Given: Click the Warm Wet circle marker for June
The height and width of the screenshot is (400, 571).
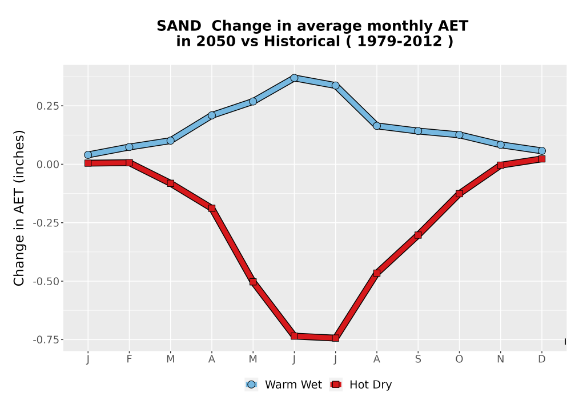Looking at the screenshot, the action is pyautogui.click(x=294, y=78).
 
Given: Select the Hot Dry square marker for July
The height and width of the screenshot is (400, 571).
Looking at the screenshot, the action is pyautogui.click(x=335, y=338).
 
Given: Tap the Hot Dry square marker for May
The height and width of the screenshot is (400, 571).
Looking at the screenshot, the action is pyautogui.click(x=253, y=282).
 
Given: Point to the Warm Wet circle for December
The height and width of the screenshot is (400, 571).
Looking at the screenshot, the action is pyautogui.click(x=542, y=151).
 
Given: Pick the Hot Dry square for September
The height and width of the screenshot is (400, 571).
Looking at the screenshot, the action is pyautogui.click(x=418, y=235).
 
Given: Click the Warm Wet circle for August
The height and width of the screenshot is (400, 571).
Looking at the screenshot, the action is pyautogui.click(x=377, y=126).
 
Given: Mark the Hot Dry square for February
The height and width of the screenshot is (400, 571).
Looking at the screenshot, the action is pyautogui.click(x=129, y=162).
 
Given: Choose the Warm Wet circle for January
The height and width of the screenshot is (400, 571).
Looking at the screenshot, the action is pyautogui.click(x=88, y=155).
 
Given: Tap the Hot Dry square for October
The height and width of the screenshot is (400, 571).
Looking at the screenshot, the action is pyautogui.click(x=459, y=194).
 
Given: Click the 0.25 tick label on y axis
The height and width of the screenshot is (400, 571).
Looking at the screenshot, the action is pyautogui.click(x=48, y=106).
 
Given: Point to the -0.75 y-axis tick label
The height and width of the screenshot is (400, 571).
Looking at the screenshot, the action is pyautogui.click(x=46, y=340).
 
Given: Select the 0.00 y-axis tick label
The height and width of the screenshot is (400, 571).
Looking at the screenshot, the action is pyautogui.click(x=48, y=165).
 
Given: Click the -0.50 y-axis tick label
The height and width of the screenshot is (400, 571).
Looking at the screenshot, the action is pyautogui.click(x=46, y=281).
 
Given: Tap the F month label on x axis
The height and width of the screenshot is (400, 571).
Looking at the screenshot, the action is pyautogui.click(x=129, y=359).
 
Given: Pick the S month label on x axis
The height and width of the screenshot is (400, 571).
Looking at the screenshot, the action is pyautogui.click(x=418, y=359).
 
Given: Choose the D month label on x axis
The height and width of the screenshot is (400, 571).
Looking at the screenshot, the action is pyautogui.click(x=542, y=359).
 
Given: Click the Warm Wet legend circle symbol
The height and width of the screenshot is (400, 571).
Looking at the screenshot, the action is pyautogui.click(x=251, y=385).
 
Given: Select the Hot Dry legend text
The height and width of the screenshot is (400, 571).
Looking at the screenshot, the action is pyautogui.click(x=371, y=385).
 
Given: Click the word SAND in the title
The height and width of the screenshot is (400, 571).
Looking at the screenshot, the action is pyautogui.click(x=179, y=26).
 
